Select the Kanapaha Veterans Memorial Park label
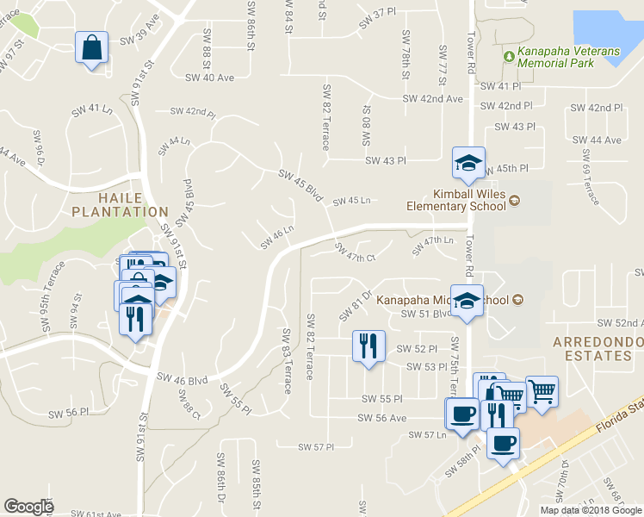pos(567,58)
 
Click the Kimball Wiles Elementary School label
pos(458,200)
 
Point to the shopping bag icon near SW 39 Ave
pos(91,48)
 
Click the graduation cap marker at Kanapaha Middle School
pos(468,301)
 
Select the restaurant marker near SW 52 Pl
pos(368,346)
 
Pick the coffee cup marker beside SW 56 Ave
pos(461,413)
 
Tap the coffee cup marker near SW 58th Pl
pos(502,444)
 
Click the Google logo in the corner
pos(28,507)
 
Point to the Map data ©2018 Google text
pos(591,510)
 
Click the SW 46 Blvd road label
pos(183,378)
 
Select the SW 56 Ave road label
pos(381,418)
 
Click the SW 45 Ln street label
pos(351,201)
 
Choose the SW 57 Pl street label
pos(315,447)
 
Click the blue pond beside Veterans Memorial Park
pos(607,31)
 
